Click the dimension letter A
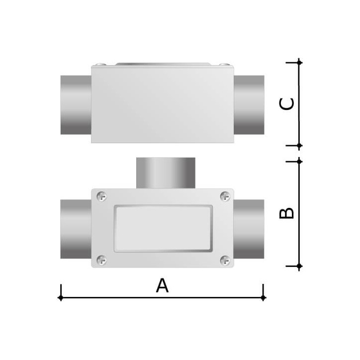pyautogui.click(x=162, y=285)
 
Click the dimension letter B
pyautogui.click(x=286, y=213)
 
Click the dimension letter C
pyautogui.click(x=286, y=104)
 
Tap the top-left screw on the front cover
pyautogui.click(x=102, y=196)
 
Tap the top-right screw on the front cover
pyautogui.click(x=225, y=196)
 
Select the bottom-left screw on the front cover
pyautogui.click(x=102, y=260)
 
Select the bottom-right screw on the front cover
pyautogui.click(x=225, y=260)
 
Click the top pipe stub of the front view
pyautogui.click(x=166, y=173)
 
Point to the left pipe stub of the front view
pyautogui.click(x=76, y=229)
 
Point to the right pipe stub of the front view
pyautogui.click(x=249, y=229)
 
